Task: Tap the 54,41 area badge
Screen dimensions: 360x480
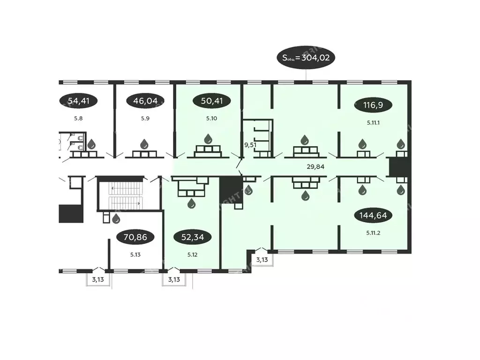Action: pos(79,100)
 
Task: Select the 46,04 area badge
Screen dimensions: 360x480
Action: pos(146,100)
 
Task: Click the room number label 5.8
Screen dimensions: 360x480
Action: pos(78,119)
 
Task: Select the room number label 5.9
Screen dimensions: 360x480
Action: pos(145,119)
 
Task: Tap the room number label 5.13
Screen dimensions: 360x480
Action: pos(136,255)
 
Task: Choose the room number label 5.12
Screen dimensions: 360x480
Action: pos(192,255)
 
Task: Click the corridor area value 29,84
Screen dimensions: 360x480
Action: pos(315,166)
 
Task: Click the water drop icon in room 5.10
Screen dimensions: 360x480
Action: pos(208,139)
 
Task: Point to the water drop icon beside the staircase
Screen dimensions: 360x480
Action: pos(116,218)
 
